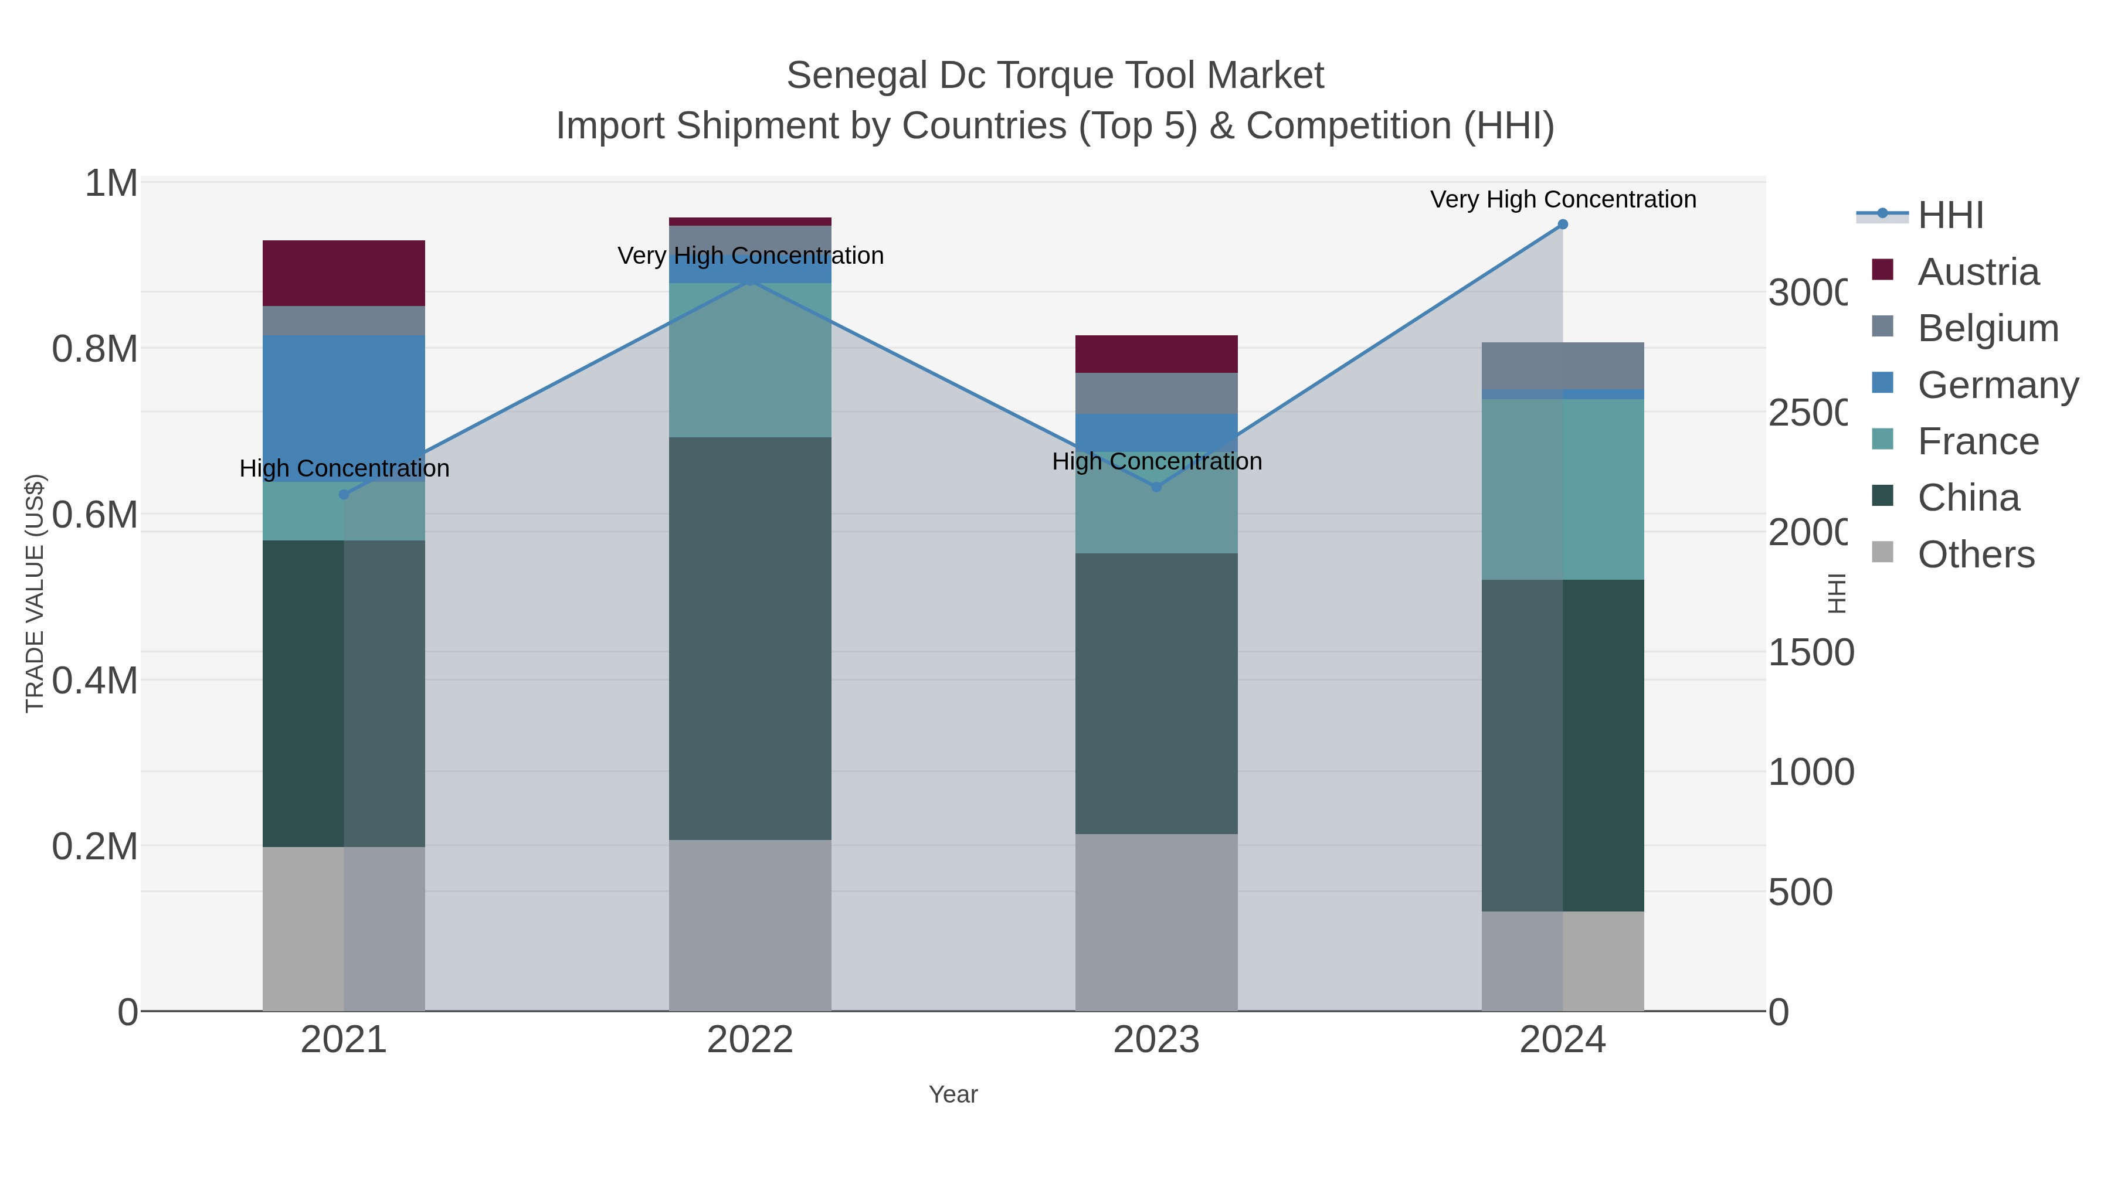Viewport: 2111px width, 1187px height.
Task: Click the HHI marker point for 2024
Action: tap(1562, 225)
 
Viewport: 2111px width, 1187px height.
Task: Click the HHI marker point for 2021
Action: tap(344, 495)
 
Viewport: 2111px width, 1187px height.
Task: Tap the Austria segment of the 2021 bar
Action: tap(344, 273)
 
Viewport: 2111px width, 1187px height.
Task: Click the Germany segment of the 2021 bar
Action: tap(344, 408)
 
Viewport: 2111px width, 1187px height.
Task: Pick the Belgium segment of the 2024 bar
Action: tap(1562, 365)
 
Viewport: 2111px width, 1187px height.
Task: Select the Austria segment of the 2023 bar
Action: tap(1156, 354)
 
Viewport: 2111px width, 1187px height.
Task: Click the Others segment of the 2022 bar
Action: tap(750, 925)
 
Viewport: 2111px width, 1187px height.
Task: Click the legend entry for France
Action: tap(1977, 441)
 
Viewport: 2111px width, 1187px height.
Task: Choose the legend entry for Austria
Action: tap(1977, 272)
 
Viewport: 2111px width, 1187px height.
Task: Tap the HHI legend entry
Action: tap(1950, 216)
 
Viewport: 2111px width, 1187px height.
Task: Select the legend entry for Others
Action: tap(1975, 555)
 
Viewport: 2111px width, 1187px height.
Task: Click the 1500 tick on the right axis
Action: tap(1810, 653)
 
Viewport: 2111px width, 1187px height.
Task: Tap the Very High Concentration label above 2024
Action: tap(1562, 199)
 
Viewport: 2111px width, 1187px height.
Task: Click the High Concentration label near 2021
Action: tap(344, 468)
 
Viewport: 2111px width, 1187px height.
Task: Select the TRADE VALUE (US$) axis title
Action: tap(35, 593)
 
